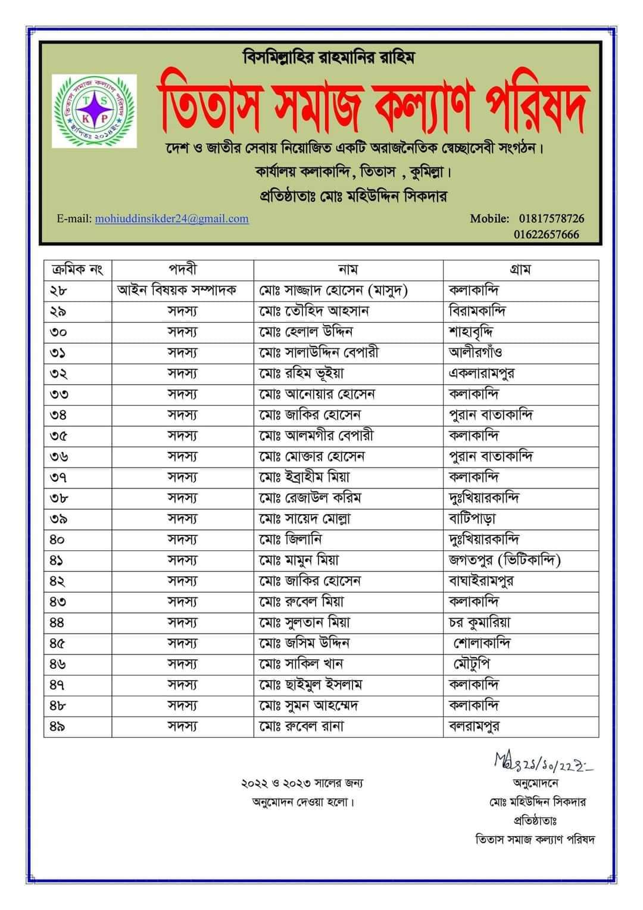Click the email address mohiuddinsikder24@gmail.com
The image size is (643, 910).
[171, 219]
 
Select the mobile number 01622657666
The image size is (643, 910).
[547, 234]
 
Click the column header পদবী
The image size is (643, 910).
[182, 270]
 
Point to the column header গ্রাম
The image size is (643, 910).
[520, 270]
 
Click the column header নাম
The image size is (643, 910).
[348, 270]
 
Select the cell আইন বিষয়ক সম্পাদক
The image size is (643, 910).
[177, 291]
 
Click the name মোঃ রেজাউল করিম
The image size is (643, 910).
[310, 498]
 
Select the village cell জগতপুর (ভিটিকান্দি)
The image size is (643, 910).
[505, 560]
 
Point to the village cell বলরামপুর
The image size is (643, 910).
[474, 727]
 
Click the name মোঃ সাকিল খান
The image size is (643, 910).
[301, 664]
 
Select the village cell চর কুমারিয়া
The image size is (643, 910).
[479, 623]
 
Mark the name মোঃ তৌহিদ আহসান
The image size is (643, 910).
[314, 311]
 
